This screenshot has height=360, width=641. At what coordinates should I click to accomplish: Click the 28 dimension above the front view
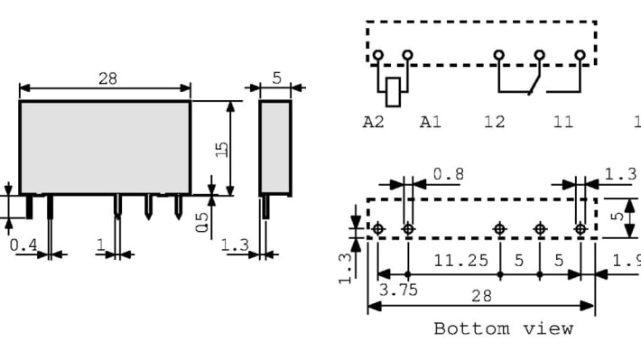tap(107, 78)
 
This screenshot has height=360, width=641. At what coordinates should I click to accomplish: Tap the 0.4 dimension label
tap(23, 245)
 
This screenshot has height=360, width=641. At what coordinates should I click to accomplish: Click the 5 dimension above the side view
tap(276, 78)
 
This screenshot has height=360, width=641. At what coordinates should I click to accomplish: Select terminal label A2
tap(373, 122)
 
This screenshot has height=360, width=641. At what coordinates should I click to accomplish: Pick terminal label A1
tap(431, 122)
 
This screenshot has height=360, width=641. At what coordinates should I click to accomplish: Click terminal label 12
tap(494, 122)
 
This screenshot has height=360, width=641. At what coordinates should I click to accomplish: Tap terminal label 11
tap(562, 122)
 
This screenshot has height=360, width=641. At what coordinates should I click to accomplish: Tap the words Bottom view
tap(503, 328)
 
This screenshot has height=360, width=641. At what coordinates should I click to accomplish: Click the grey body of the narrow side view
tap(275, 146)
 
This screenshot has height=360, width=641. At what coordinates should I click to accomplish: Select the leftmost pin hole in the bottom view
tap(378, 229)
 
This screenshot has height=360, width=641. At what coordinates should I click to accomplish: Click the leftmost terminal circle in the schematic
tap(378, 56)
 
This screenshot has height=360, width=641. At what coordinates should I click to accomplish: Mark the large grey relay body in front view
tap(105, 146)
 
